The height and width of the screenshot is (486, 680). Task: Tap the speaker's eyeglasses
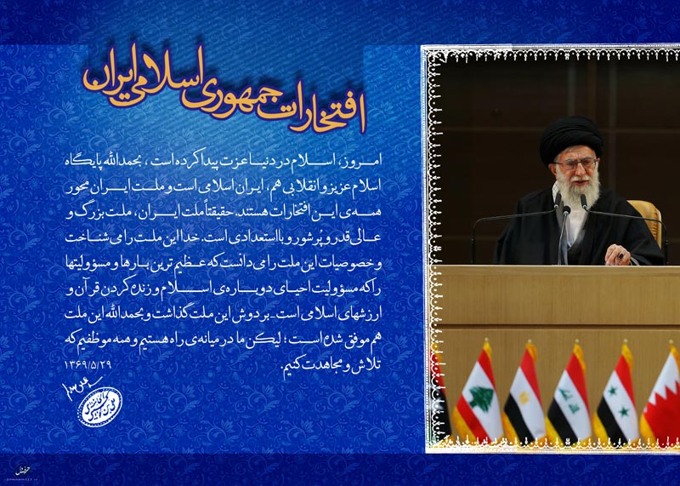[x=575, y=163]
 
